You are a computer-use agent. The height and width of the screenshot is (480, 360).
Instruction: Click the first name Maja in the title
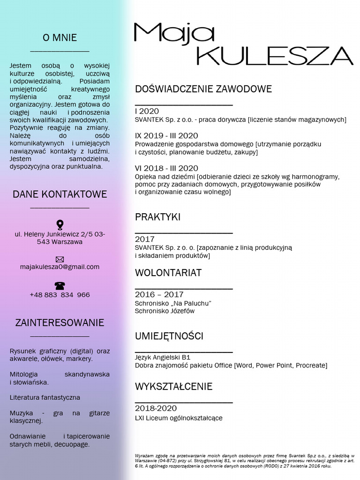pos(174,34)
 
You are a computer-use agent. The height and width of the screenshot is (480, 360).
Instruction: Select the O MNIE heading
pos(60,38)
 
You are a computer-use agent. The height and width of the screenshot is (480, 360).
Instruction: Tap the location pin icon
pos(60,225)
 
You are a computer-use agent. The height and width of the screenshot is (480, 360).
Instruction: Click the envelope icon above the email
pos(60,259)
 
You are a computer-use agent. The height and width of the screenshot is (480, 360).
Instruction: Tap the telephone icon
pos(60,285)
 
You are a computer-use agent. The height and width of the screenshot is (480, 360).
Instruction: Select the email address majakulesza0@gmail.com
pos(60,267)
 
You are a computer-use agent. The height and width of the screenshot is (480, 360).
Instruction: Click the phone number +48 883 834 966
pos(60,295)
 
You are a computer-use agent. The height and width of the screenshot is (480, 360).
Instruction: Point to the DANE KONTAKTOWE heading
pos(60,194)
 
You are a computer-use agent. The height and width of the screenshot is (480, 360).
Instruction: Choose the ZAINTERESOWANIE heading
pos(60,322)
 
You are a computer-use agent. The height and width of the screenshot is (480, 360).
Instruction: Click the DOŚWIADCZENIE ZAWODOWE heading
pos(203,89)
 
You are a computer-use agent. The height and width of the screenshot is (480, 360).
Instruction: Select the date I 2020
pos(147,112)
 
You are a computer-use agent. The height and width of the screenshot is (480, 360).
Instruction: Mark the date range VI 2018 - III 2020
pos(166,168)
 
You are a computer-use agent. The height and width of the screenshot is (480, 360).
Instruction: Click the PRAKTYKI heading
pos(157,217)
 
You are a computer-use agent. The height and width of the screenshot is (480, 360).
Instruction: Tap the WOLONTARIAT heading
pos(168,273)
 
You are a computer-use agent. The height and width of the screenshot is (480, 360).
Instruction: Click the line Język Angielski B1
pos(163,357)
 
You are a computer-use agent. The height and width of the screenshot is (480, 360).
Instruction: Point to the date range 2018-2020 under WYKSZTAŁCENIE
pos(156,409)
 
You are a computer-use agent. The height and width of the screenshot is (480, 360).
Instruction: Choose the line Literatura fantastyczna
pos(45,397)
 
